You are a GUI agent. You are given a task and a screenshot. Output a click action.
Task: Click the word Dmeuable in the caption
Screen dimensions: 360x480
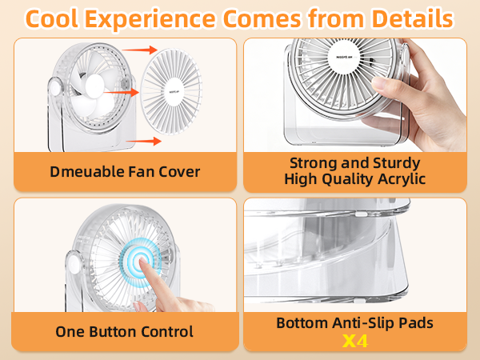(x=88, y=171)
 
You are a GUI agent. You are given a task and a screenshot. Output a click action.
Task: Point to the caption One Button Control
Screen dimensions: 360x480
(x=124, y=331)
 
